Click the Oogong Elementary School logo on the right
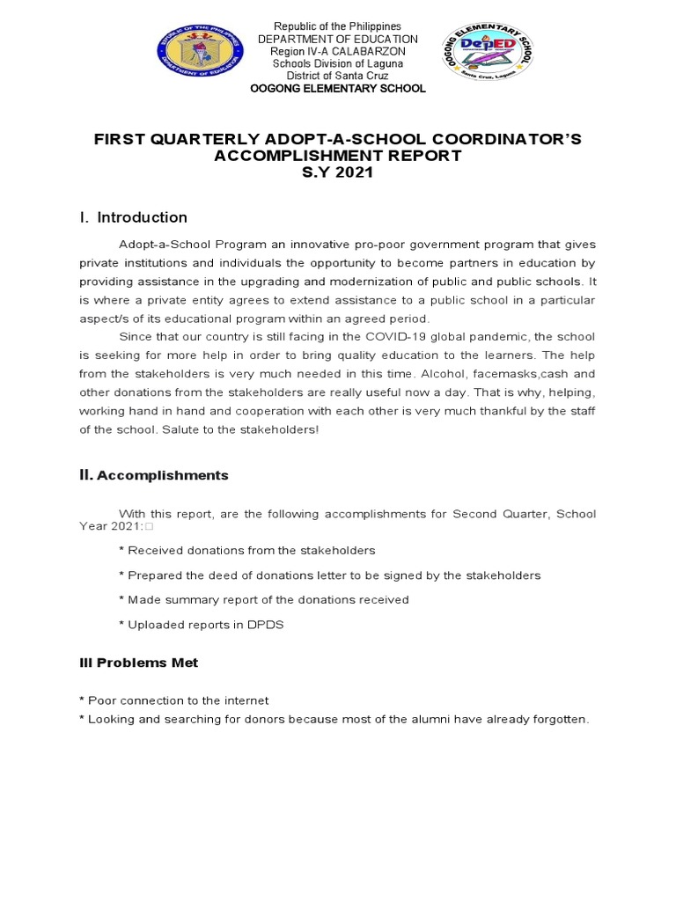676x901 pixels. (x=488, y=50)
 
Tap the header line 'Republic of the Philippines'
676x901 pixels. (x=337, y=27)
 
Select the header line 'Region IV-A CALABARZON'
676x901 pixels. (x=337, y=52)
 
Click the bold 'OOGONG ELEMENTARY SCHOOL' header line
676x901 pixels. (x=337, y=89)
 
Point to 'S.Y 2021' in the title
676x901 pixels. (x=338, y=172)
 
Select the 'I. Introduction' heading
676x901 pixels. (x=133, y=217)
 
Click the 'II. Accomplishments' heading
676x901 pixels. (x=153, y=475)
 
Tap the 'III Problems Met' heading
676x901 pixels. (x=138, y=663)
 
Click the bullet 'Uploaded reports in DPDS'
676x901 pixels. (x=201, y=624)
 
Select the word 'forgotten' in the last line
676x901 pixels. (x=557, y=719)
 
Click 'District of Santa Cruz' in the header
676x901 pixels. (x=337, y=77)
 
